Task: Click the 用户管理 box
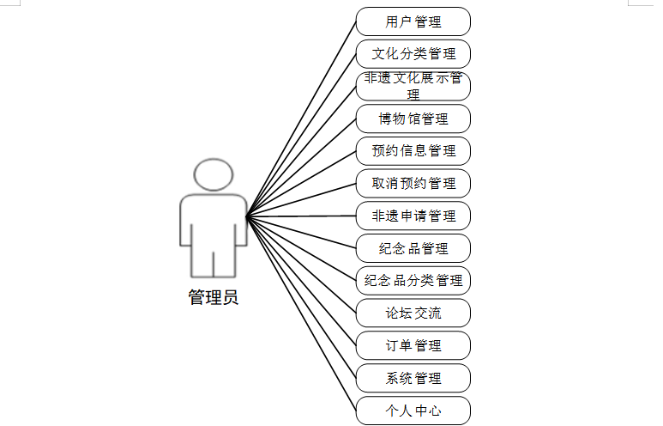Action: [413, 21]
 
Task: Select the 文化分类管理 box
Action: [413, 54]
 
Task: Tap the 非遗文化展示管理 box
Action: [413, 86]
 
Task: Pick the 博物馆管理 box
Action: [413, 119]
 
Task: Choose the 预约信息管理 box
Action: [413, 151]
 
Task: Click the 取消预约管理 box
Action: [413, 183]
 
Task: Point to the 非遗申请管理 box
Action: [413, 216]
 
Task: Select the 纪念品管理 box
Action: [413, 248]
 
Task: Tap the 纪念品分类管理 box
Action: [413, 280]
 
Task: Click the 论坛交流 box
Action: [413, 313]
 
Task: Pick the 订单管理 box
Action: [413, 345]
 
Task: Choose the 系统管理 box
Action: [413, 378]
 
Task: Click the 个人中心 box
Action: [413, 410]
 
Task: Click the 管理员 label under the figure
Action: [213, 298]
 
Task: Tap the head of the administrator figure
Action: [214, 174]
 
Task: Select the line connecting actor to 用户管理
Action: [302, 119]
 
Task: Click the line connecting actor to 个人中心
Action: [302, 313]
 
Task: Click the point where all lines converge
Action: [247, 216]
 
